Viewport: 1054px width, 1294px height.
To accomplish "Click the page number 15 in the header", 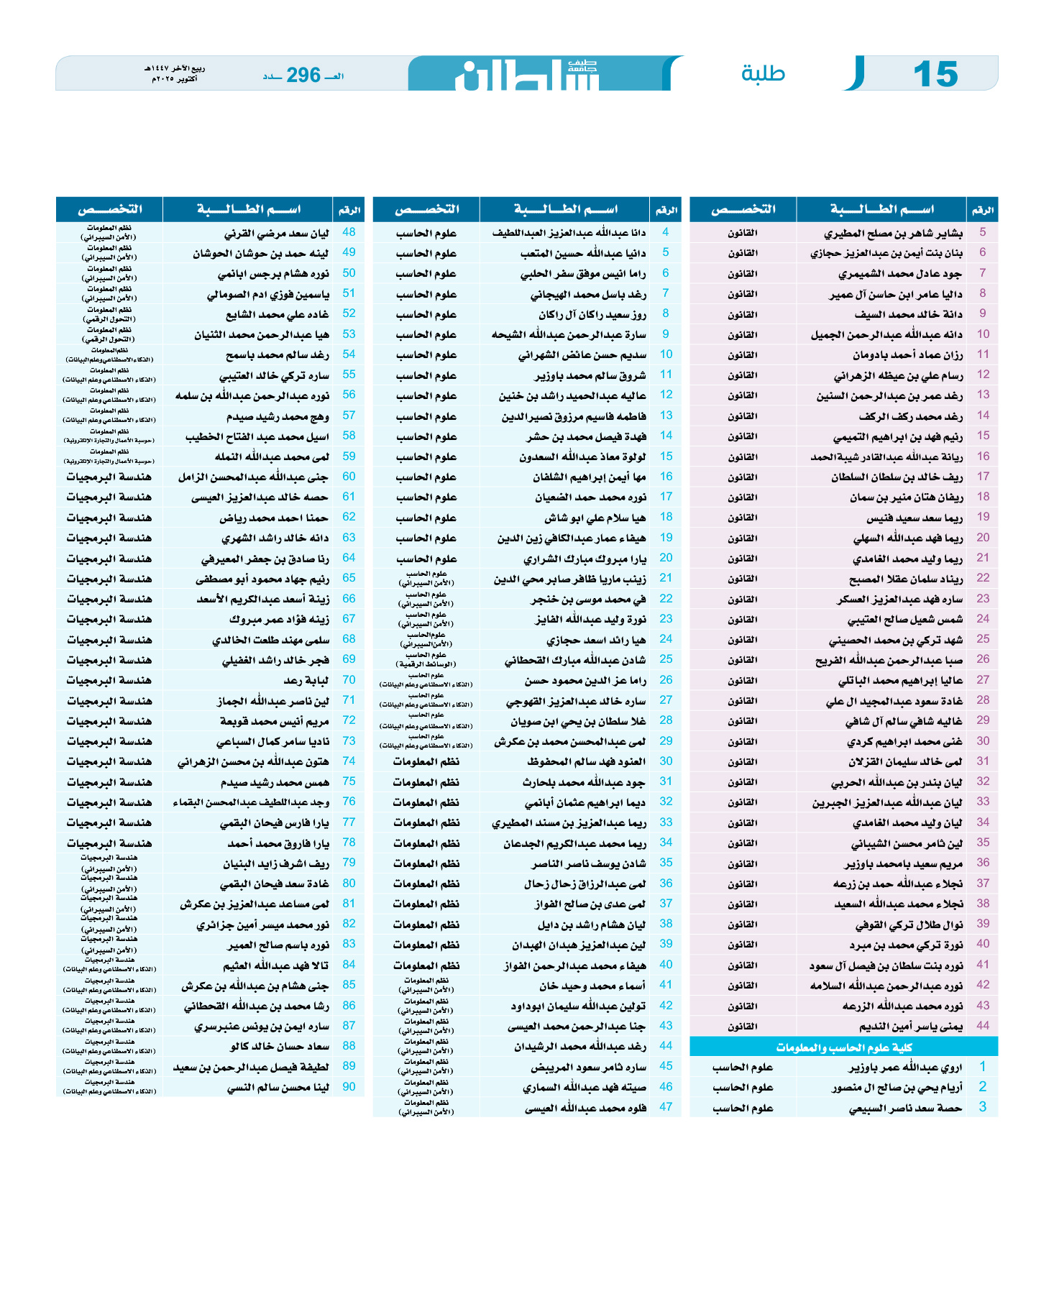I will coord(935,74).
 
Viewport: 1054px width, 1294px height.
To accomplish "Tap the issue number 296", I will coord(303,75).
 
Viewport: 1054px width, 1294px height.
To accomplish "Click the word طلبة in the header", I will coord(763,74).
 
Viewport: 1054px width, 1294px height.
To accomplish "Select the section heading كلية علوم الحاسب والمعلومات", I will coord(843,1047).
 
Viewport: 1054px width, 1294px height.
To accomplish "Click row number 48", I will coord(349,232).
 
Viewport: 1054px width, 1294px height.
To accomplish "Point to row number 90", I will coord(349,1087).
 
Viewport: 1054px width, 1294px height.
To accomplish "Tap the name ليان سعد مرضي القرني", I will coord(276,233).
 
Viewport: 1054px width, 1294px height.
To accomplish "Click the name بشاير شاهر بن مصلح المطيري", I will coord(893,233).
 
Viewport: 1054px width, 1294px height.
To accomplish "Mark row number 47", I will coord(666,1107).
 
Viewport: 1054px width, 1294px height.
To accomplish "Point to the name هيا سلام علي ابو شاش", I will coord(595,518).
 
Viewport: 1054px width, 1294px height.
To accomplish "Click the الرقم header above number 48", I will coord(349,210).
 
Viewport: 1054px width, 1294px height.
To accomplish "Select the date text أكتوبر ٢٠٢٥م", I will coord(174,78).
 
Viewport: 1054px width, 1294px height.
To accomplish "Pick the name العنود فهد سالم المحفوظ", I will coord(586,761).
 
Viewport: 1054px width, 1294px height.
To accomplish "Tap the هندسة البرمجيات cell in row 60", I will coord(109,477).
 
